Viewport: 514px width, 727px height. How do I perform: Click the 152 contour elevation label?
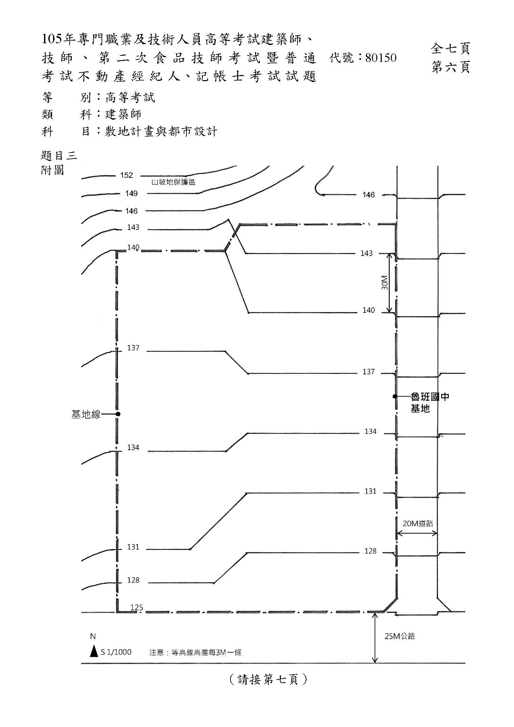coord(127,175)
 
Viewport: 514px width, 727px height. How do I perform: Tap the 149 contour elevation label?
coord(131,193)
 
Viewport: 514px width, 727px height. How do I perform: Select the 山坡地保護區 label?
coord(173,182)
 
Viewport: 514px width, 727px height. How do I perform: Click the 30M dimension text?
coord(384,283)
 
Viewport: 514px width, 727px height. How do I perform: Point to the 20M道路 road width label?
coord(418,524)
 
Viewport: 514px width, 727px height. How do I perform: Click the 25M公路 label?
coord(400,636)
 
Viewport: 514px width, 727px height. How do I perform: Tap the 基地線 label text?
coord(86,414)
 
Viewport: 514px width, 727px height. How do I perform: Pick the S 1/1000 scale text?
coord(116,652)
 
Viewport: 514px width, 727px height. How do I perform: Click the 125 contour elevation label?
coord(137,607)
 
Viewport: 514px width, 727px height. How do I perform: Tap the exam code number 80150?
coord(381,58)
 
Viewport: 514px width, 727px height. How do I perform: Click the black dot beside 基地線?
coord(118,414)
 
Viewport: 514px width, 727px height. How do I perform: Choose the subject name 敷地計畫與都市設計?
coord(161,131)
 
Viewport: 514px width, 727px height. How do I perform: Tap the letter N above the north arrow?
coord(93,636)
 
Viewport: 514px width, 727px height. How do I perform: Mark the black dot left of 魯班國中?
coord(395,396)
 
